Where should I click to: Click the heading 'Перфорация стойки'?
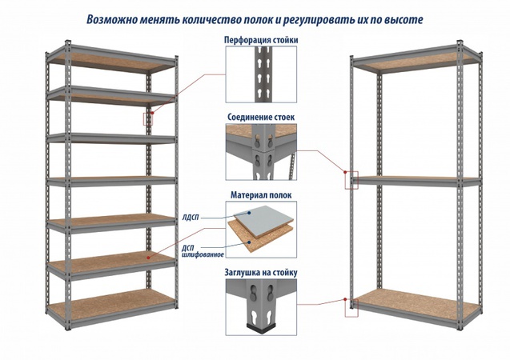pos(261,39)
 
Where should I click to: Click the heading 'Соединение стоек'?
pos(261,117)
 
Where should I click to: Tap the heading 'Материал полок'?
pos(261,194)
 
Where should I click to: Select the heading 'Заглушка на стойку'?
pos(261,272)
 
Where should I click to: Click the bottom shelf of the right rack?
pos(416,302)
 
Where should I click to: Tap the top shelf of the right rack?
pos(416,63)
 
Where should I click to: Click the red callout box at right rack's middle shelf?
pos(350,180)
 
